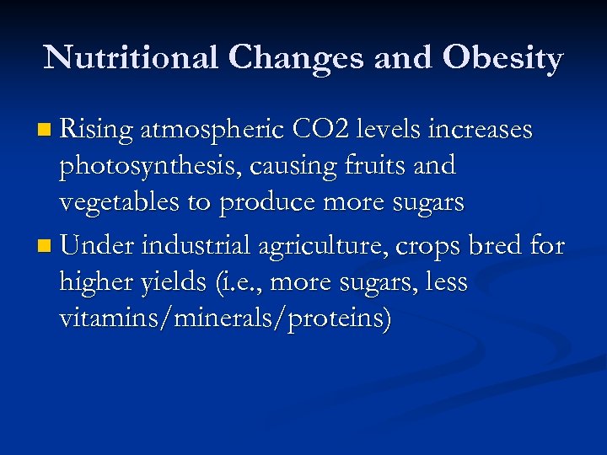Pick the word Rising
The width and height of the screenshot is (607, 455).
(x=98, y=131)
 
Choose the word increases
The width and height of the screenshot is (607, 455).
(x=481, y=131)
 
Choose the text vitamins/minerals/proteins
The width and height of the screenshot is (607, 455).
(x=224, y=319)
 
